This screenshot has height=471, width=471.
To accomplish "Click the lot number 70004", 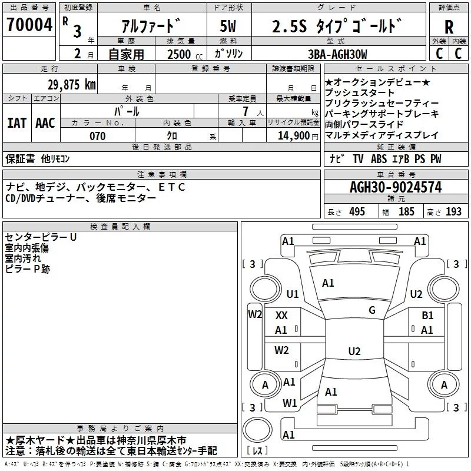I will (29, 26).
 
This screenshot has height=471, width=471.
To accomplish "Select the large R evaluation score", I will (449, 27).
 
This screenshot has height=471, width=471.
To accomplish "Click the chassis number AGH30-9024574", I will (395, 187).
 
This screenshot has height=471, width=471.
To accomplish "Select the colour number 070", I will (97, 136).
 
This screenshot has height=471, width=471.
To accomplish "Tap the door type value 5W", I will (228, 27).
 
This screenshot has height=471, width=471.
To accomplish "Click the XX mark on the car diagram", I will (281, 316).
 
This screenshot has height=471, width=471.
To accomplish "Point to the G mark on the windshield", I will (372, 310).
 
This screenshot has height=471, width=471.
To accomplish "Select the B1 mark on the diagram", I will (427, 316).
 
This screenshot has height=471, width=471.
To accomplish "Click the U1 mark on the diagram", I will (293, 294).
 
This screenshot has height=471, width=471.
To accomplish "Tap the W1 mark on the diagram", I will (289, 403).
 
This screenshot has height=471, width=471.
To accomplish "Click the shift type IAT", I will (16, 123).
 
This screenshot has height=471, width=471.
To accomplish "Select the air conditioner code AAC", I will (45, 123).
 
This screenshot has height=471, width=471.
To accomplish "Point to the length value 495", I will (356, 212).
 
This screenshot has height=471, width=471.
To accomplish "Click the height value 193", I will (453, 212).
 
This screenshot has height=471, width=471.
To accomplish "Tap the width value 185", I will (406, 212).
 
